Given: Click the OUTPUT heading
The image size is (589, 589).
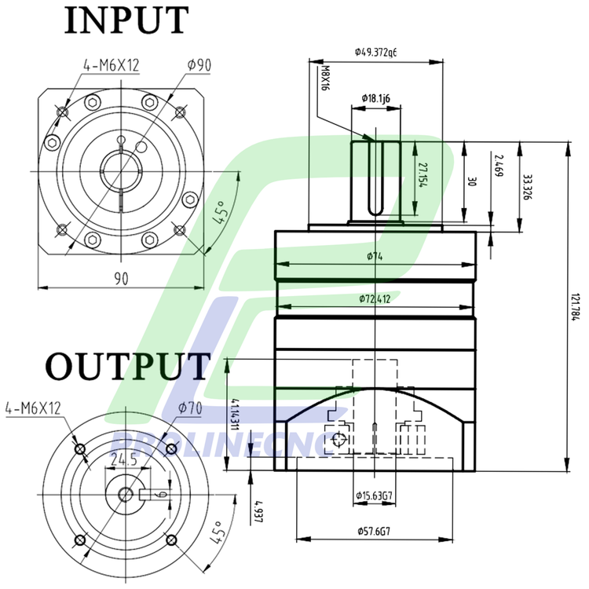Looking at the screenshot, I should (127, 367).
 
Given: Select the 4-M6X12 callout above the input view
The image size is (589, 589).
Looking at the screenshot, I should (110, 65).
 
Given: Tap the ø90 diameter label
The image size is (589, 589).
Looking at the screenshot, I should (199, 65).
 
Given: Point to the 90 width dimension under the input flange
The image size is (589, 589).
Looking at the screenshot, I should (121, 277).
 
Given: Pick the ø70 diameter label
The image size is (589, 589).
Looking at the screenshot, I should (191, 408).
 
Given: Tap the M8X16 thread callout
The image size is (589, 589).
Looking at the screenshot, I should (325, 79).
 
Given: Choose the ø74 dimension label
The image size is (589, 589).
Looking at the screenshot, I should (375, 256).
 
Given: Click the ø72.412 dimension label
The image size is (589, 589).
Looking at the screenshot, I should (375, 299).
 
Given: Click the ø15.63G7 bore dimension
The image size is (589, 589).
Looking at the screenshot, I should (374, 496).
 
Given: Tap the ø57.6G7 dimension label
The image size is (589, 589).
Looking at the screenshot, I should (374, 531).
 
